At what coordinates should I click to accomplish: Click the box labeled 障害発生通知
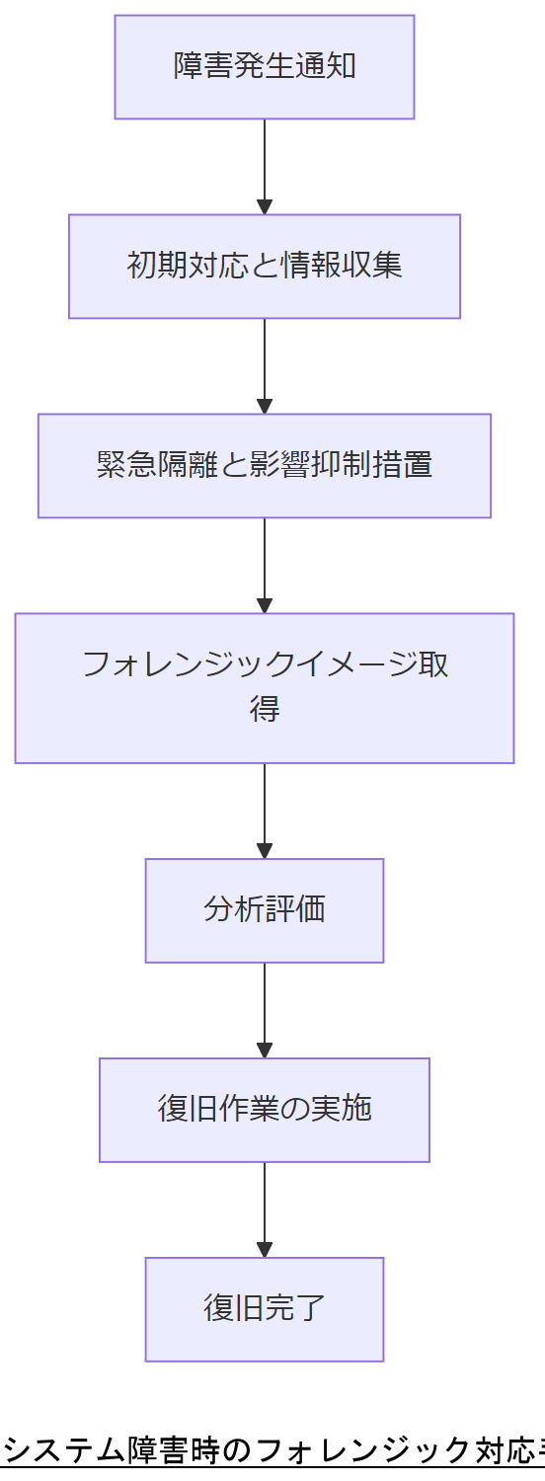(x=264, y=67)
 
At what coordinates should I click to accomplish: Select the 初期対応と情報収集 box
(x=264, y=267)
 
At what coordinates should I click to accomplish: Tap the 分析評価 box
(x=264, y=910)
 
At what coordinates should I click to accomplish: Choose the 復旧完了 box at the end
(x=264, y=1309)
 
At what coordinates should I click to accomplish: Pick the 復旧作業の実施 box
(x=264, y=1110)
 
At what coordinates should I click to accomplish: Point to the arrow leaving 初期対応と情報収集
(x=264, y=365)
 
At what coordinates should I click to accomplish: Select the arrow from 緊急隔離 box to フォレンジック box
(x=264, y=565)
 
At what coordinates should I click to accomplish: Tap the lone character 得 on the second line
(x=265, y=709)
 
